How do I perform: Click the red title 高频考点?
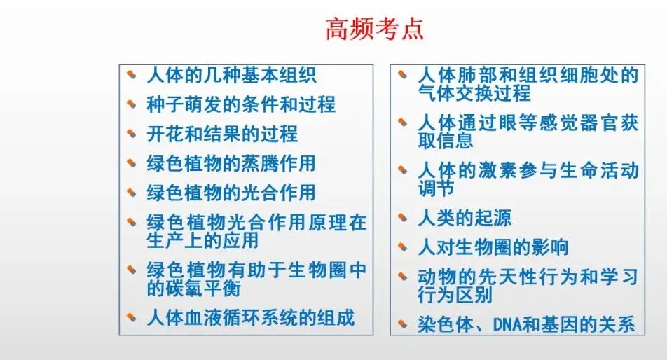pyautogui.click(x=375, y=30)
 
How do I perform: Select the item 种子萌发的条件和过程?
pyautogui.click(x=240, y=105)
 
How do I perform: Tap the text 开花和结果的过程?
pyautogui.click(x=222, y=134)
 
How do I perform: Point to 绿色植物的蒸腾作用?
pyautogui.click(x=231, y=163)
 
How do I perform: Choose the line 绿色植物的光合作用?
pyautogui.click(x=231, y=193)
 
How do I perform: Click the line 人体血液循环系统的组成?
pyautogui.click(x=250, y=317)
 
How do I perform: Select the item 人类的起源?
pyautogui.click(x=465, y=218)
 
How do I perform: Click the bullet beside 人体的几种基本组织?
pyautogui.click(x=131, y=74)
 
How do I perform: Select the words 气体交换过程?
pyautogui.click(x=474, y=93)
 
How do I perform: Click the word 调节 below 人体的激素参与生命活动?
pyautogui.click(x=436, y=188)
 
